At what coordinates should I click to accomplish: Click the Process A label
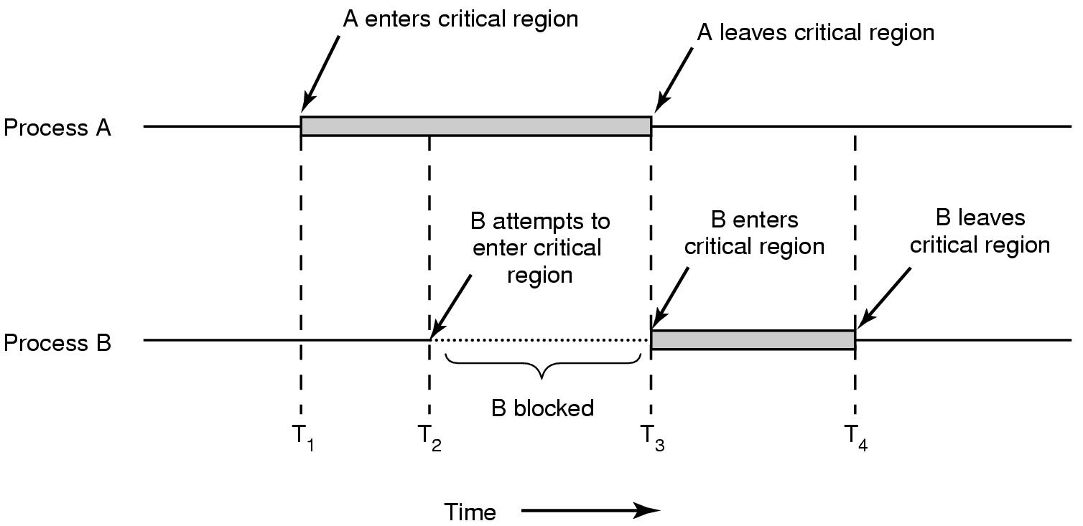[57, 128]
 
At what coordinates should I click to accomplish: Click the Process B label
[57, 343]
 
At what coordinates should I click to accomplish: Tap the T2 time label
[429, 437]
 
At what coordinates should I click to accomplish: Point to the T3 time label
[653, 437]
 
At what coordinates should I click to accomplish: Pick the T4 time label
[856, 437]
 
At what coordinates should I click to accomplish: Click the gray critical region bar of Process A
[475, 126]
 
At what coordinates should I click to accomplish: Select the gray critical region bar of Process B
[753, 340]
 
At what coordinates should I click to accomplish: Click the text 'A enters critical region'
[460, 19]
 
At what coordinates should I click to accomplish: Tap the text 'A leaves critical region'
[816, 32]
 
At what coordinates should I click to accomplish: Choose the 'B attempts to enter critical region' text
[539, 248]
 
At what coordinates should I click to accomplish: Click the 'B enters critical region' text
[754, 233]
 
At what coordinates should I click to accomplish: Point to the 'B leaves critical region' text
[980, 230]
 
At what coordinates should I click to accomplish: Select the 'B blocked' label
[542, 408]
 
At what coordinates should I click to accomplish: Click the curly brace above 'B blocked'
[543, 366]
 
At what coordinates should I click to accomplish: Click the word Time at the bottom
[470, 512]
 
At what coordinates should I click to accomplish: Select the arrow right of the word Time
[590, 511]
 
